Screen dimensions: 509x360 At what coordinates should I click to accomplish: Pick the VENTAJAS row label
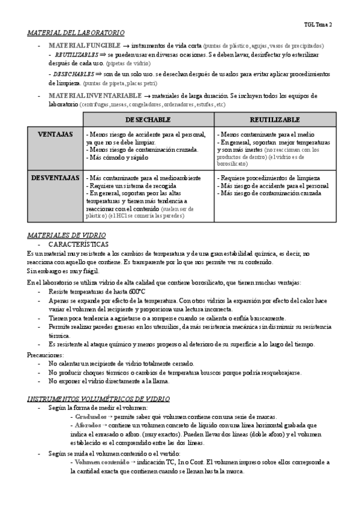tap(55, 134)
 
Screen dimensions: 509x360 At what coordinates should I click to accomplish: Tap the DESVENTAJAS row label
tap(55, 178)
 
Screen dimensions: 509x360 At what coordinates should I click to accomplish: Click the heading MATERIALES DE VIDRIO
tap(67, 235)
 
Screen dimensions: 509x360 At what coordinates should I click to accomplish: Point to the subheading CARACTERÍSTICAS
tap(79, 245)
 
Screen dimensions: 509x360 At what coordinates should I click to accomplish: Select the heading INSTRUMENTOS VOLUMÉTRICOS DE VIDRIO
tap(98, 399)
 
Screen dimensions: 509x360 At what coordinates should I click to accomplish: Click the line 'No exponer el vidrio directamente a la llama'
tap(109, 381)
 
